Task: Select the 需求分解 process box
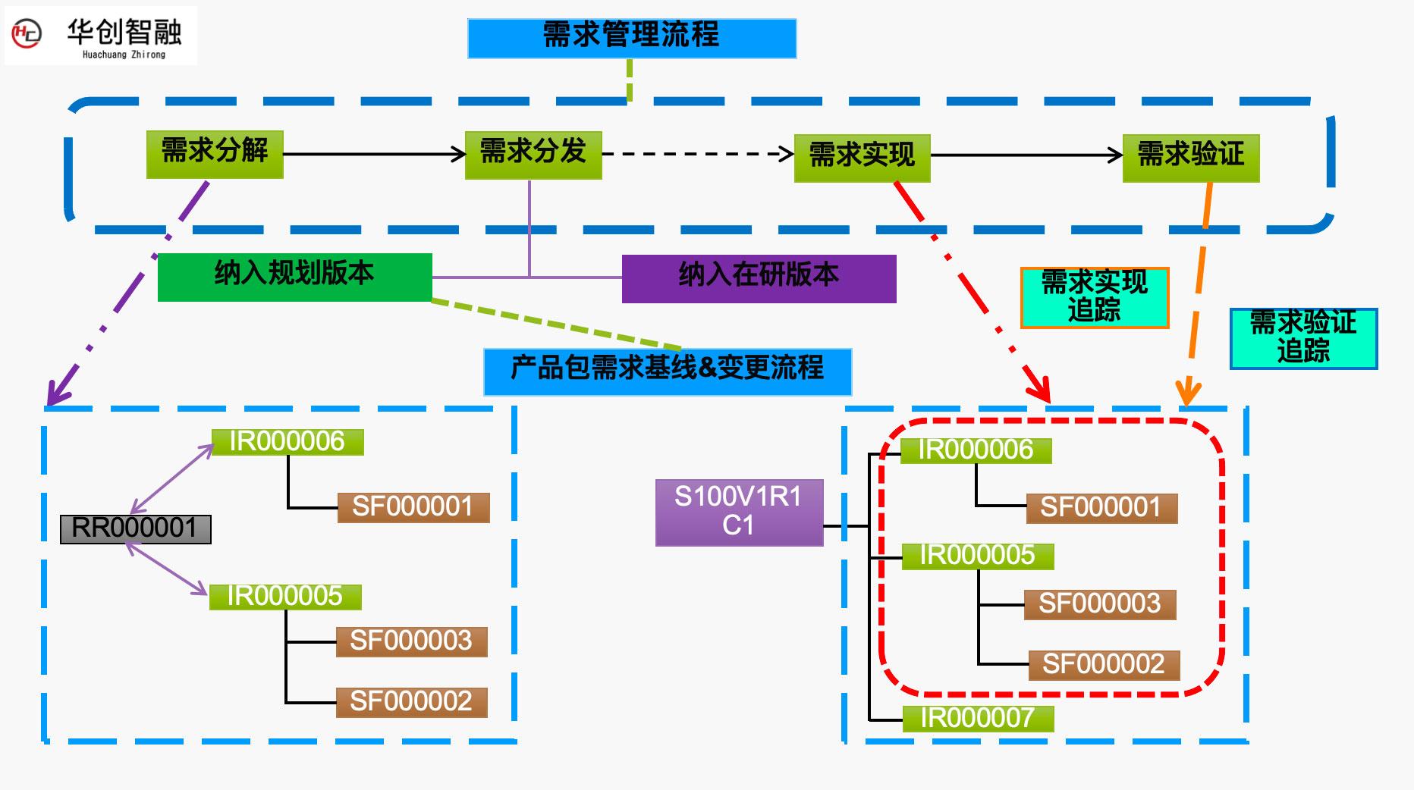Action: coord(215,154)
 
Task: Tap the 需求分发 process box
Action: coord(533,155)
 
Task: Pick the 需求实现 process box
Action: coord(862,158)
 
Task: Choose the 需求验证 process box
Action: coord(1191,158)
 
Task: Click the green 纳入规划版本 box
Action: coord(294,277)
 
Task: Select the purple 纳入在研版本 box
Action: coord(759,278)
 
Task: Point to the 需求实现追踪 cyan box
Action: coord(1094,297)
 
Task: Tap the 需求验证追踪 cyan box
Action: coord(1302,338)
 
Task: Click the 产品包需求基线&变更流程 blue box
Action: coord(668,371)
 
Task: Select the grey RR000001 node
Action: coord(135,528)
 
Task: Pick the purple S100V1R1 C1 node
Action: coord(739,512)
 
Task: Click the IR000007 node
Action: coord(977,718)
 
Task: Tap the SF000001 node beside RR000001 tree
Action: coord(413,507)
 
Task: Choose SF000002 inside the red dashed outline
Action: coord(1103,665)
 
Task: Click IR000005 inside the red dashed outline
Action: coord(977,556)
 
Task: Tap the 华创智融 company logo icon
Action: coord(27,34)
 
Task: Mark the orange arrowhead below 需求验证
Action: coord(1188,392)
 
